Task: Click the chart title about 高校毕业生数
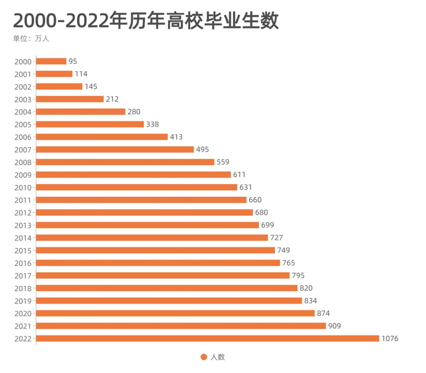(x=146, y=21)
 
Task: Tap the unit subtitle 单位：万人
(x=31, y=39)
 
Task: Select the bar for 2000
(x=51, y=61)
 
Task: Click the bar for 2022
(x=208, y=339)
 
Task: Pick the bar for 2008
(x=125, y=162)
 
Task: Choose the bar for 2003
(x=70, y=99)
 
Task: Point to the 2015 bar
(x=156, y=250)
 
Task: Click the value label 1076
(x=390, y=339)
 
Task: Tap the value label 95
(x=73, y=61)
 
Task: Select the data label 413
(x=176, y=137)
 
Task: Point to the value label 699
(x=267, y=225)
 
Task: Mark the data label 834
(x=310, y=301)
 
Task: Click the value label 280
(x=134, y=112)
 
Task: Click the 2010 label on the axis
(x=23, y=188)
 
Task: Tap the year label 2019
(x=23, y=301)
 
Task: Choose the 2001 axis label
(x=23, y=74)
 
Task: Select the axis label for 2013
(x=23, y=226)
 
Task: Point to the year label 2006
(x=23, y=137)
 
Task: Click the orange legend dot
(x=204, y=357)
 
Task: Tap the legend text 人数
(x=217, y=357)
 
